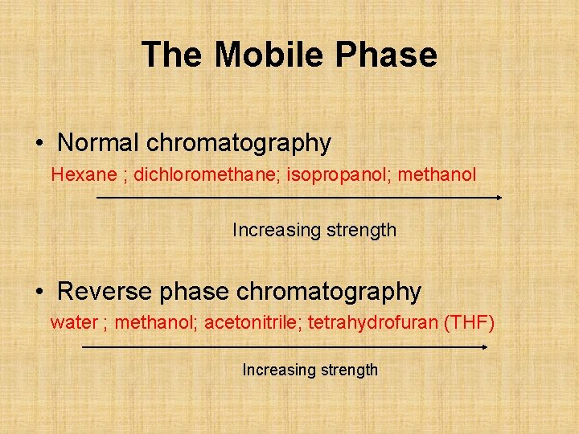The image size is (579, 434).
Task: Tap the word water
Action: pyautogui.click(x=74, y=323)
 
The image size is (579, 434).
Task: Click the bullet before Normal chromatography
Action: pyautogui.click(x=39, y=144)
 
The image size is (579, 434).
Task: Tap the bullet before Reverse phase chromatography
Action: pyautogui.click(x=39, y=292)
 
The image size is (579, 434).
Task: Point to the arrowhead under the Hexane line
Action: pyautogui.click(x=499, y=197)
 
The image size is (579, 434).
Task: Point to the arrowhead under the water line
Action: pyautogui.click(x=484, y=347)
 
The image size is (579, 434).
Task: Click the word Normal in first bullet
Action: pyautogui.click(x=99, y=143)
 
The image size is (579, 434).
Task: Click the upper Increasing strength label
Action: pyautogui.click(x=314, y=230)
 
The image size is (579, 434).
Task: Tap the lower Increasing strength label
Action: pyautogui.click(x=310, y=370)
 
